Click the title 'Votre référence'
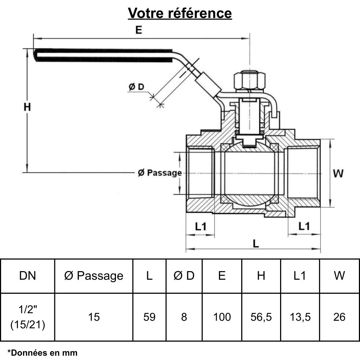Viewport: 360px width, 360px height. click(180, 13)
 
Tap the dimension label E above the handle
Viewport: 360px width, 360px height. click(139, 30)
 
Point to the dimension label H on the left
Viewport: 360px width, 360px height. click(27, 107)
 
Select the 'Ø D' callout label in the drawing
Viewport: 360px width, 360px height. click(136, 87)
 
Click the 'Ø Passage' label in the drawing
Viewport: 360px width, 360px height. click(159, 173)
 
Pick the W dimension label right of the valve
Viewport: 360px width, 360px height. click(338, 174)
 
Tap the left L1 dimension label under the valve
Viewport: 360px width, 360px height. click(200, 226)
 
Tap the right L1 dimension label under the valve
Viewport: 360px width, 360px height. click(304, 226)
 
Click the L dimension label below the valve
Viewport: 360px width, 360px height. click(256, 244)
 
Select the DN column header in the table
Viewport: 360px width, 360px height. click(27, 276)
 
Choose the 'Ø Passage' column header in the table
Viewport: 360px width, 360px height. click(94, 276)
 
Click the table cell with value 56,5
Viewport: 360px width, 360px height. click(261, 317)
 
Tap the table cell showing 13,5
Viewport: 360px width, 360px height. click(300, 317)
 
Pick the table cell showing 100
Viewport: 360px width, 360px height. click(222, 317)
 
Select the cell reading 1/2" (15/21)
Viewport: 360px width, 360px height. click(27, 317)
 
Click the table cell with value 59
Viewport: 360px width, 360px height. click(149, 317)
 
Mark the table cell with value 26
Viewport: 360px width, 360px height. click(339, 317)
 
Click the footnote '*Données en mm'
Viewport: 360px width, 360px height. click(42, 352)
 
